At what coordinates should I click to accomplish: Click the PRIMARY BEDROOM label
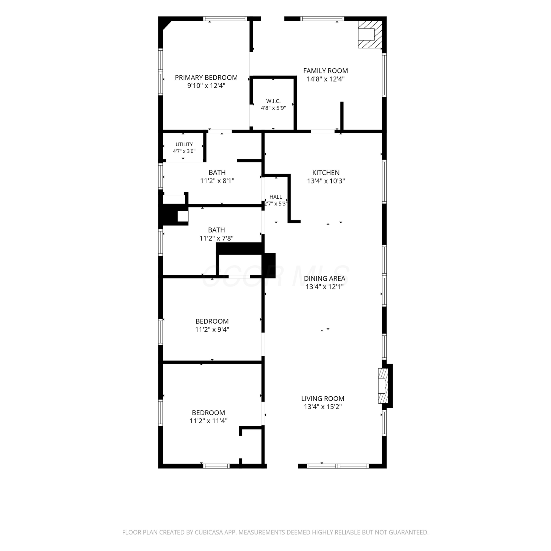pyautogui.click(x=206, y=78)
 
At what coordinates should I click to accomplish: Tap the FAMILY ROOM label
pyautogui.click(x=325, y=71)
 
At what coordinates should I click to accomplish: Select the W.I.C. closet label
pyautogui.click(x=273, y=101)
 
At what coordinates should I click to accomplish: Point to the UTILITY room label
pyautogui.click(x=184, y=144)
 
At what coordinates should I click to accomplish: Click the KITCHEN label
pyautogui.click(x=326, y=173)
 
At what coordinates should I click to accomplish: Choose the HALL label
pyautogui.click(x=275, y=197)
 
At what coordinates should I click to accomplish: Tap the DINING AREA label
pyautogui.click(x=324, y=279)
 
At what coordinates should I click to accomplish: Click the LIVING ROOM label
pyautogui.click(x=323, y=399)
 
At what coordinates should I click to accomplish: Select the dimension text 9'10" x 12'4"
pyautogui.click(x=206, y=86)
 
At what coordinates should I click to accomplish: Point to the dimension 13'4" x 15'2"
pyautogui.click(x=323, y=407)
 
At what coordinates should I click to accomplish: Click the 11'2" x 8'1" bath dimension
pyautogui.click(x=217, y=181)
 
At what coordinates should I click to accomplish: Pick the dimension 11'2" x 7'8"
pyautogui.click(x=216, y=238)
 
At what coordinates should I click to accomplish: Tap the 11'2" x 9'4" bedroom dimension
pyautogui.click(x=212, y=329)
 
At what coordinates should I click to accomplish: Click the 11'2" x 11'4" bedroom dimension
pyautogui.click(x=208, y=421)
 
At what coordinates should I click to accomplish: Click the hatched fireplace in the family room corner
pyautogui.click(x=370, y=34)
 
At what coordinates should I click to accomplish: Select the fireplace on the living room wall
pyautogui.click(x=383, y=386)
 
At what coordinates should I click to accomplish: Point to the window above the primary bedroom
pyautogui.click(x=225, y=19)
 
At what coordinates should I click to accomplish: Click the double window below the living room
pyautogui.click(x=338, y=466)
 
